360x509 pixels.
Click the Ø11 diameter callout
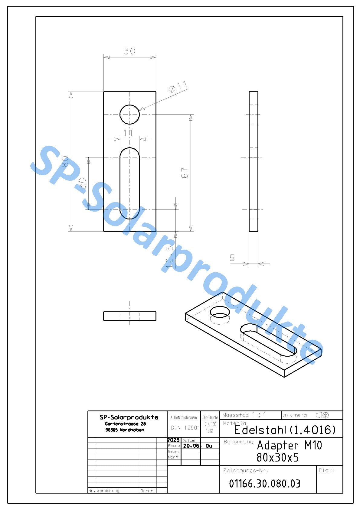point(178,87)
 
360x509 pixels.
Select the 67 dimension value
point(185,173)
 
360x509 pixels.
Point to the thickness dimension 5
point(232,258)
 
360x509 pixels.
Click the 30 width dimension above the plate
point(129,51)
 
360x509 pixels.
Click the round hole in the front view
point(129,114)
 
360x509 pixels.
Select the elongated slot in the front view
point(129,183)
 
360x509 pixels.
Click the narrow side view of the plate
point(254,161)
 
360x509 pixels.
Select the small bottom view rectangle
point(129,316)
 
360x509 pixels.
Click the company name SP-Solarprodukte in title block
point(129,417)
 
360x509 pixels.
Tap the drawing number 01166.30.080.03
point(265,484)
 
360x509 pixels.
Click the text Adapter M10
point(289,445)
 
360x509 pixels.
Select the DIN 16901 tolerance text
point(185,428)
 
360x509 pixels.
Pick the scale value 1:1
point(259,415)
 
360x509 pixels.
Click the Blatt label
point(327,470)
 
